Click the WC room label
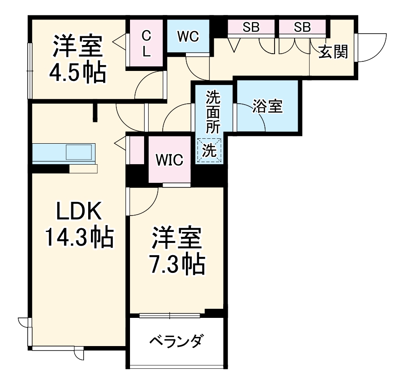point(188,36)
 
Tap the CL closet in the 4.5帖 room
point(146,43)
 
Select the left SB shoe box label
point(250,27)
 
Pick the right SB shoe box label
point(302,27)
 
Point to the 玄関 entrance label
point(333,52)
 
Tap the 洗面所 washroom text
point(212,111)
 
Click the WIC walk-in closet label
point(169,160)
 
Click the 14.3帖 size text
point(78,236)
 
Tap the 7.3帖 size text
point(177,263)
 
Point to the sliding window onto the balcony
point(170,315)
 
